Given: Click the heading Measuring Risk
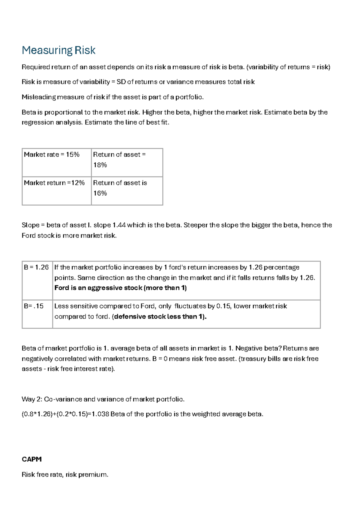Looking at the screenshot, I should [58, 50].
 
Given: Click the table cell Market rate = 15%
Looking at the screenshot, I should [52, 155].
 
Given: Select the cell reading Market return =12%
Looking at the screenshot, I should [54, 183].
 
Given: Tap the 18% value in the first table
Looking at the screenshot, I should [100, 165].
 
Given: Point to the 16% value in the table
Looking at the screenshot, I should [100, 193].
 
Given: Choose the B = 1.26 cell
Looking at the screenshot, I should [36, 267].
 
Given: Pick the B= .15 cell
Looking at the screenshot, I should [34, 306].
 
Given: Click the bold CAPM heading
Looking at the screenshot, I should [31, 459].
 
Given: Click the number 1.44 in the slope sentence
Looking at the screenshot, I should [119, 225].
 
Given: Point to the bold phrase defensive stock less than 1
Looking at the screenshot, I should [159, 317].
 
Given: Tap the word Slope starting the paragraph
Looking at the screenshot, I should [31, 225].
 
